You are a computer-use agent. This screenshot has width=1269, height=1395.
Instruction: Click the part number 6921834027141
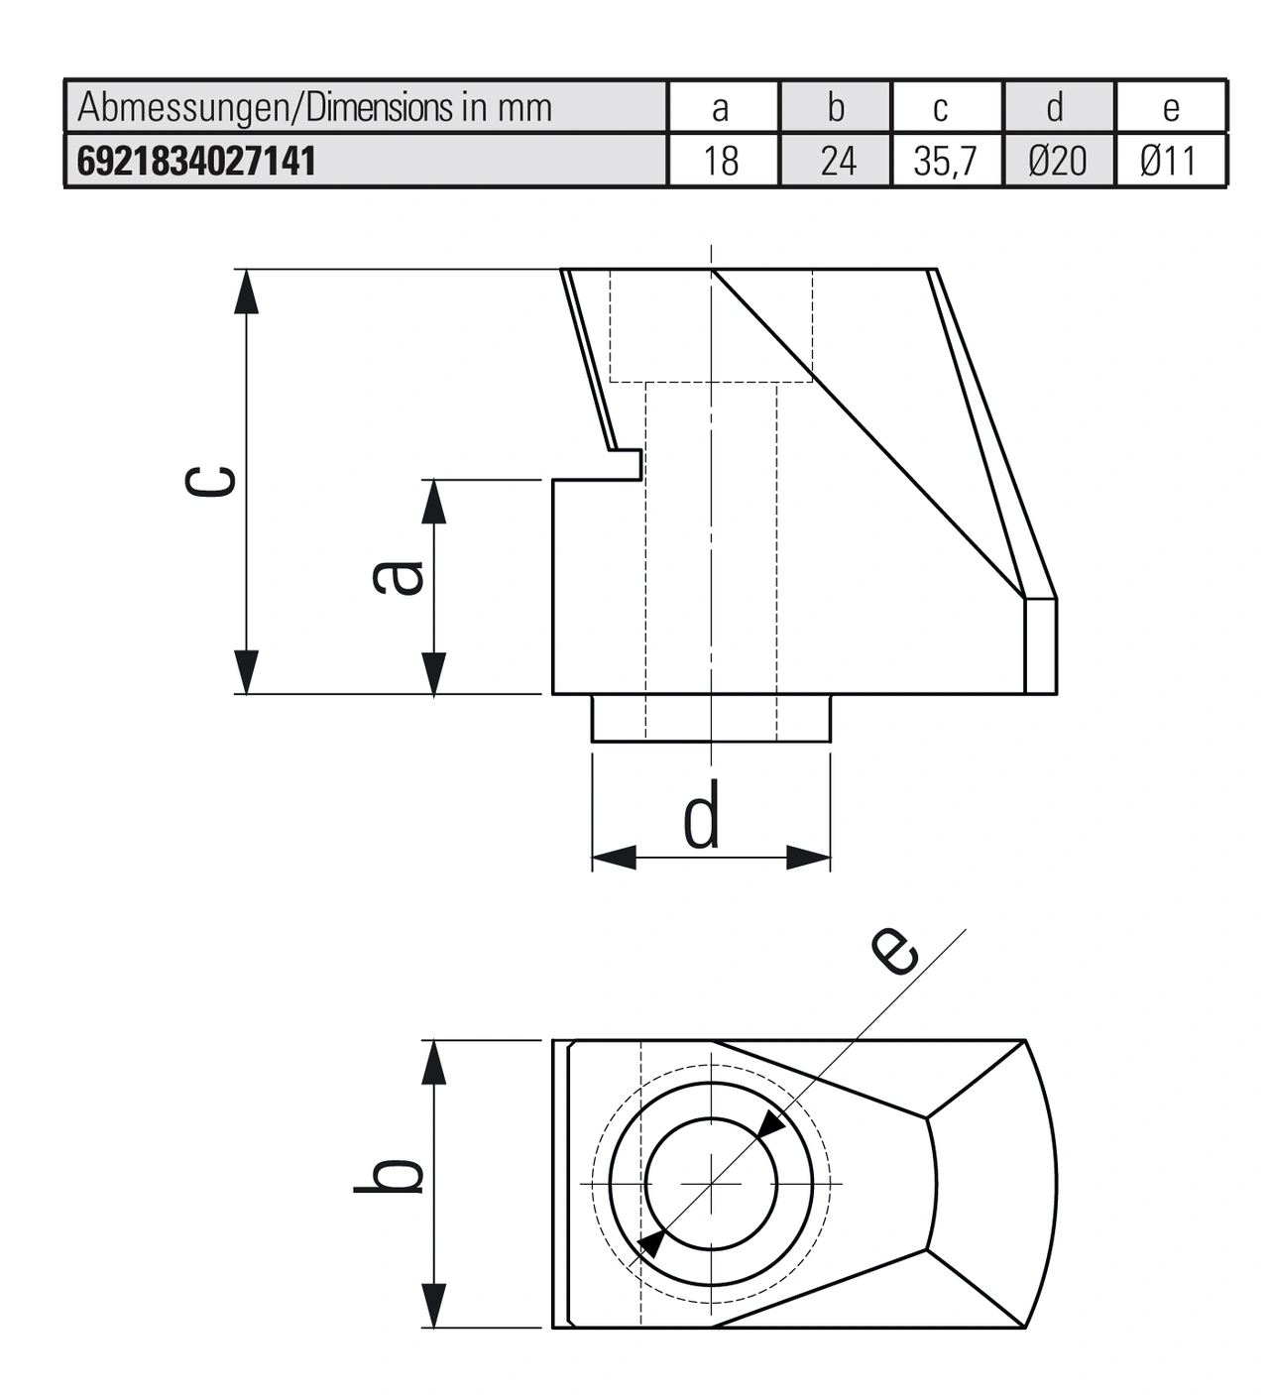[196, 161]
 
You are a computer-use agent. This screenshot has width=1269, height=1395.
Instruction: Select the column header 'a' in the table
[721, 107]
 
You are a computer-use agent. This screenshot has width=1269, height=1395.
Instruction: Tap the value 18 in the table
[721, 161]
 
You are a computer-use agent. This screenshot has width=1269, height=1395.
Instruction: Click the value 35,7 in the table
[945, 161]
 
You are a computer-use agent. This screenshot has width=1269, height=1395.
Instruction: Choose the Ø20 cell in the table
[1058, 161]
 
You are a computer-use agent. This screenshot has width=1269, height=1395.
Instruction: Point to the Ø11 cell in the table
[1169, 161]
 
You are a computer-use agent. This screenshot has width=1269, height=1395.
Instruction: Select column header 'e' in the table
[1171, 107]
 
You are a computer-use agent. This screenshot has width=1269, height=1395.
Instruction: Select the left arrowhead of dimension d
[614, 858]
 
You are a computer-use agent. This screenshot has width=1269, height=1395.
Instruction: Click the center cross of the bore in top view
[711, 1184]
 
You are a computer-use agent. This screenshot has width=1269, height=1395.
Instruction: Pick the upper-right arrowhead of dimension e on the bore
[769, 1124]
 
